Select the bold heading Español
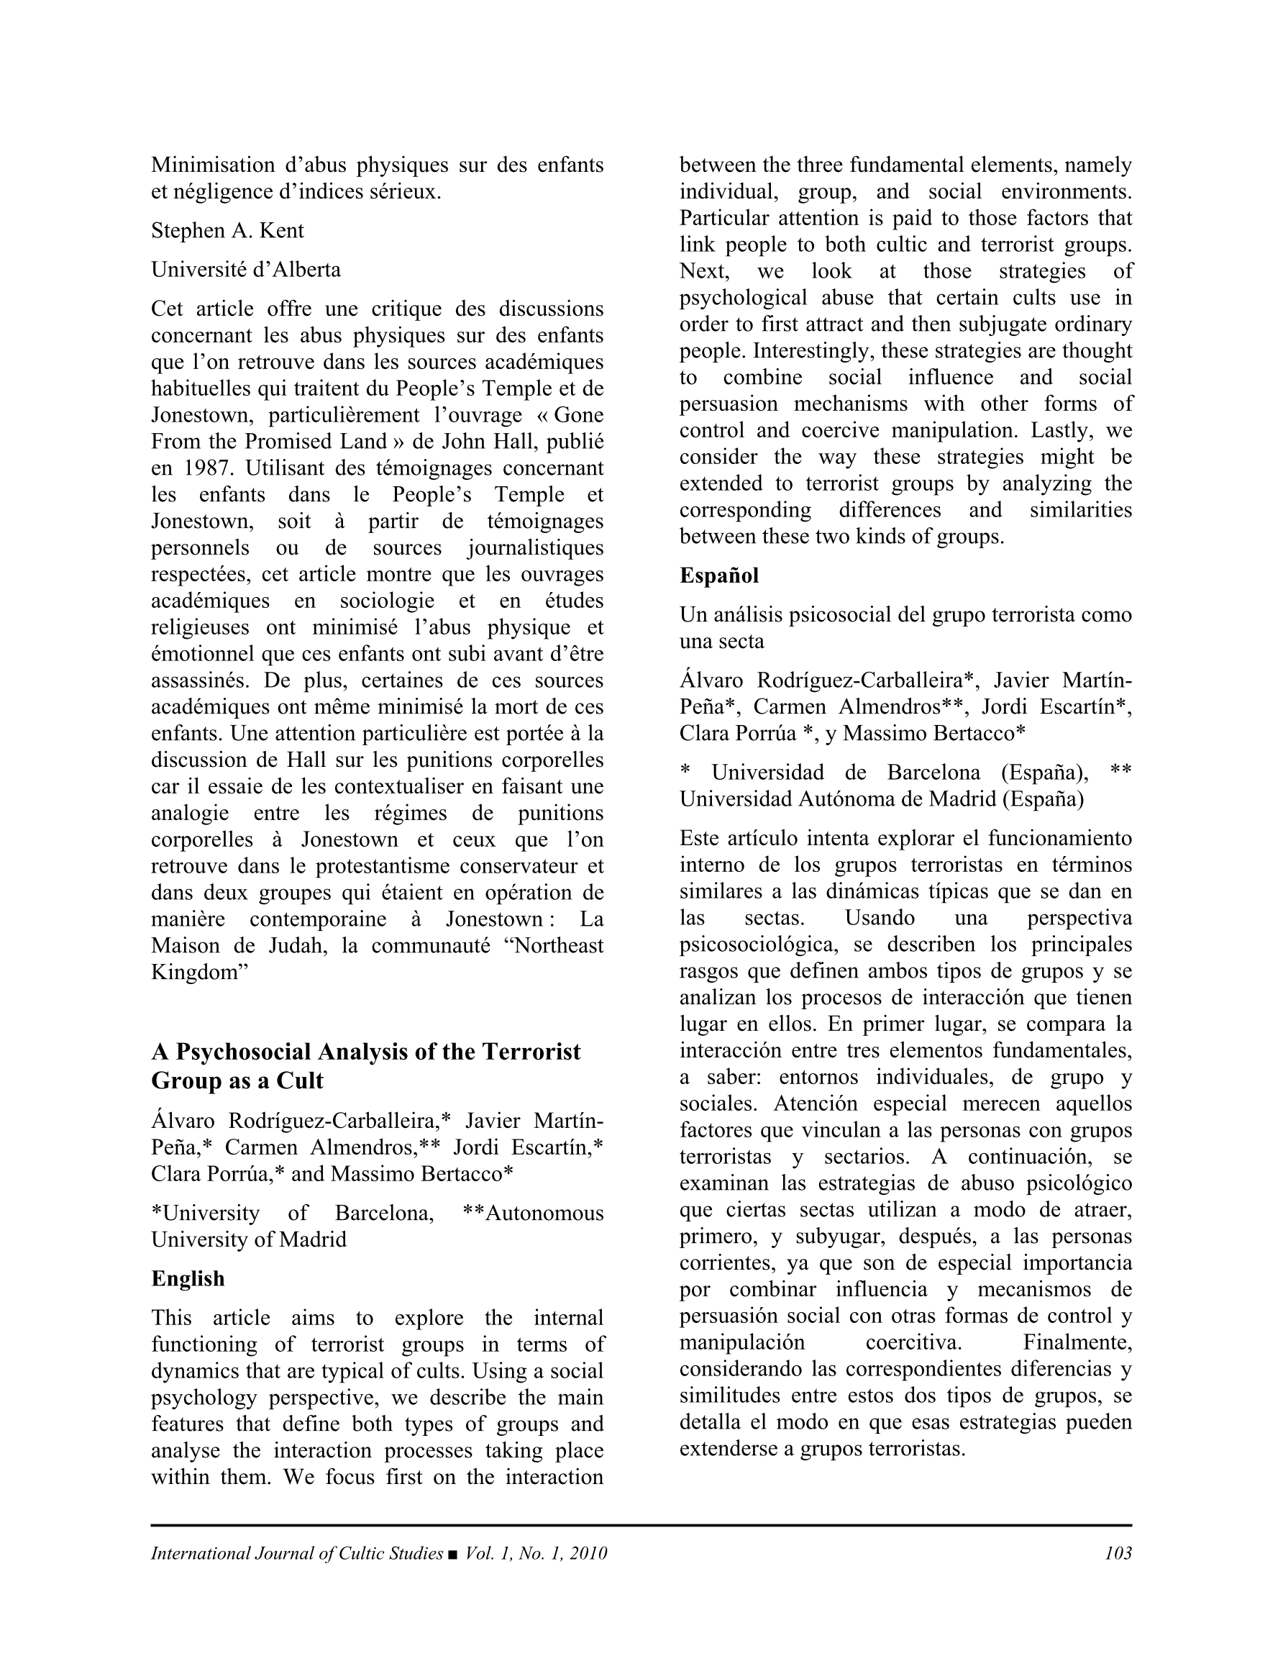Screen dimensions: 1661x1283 point(718,575)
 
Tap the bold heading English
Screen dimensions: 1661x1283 point(188,1278)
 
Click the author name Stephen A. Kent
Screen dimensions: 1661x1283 point(227,230)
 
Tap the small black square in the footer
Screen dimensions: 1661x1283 point(453,1554)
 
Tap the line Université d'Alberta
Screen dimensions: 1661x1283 point(246,270)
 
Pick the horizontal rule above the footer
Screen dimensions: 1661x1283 point(641,1525)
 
